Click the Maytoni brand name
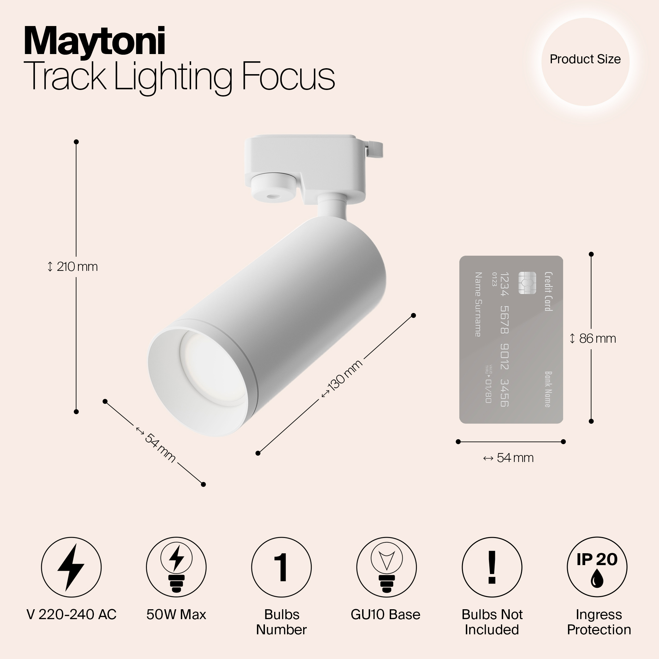(95, 42)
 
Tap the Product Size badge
(585, 59)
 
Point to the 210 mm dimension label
(73, 267)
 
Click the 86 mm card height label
(593, 339)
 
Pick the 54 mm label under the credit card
(508, 458)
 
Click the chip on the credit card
(527, 283)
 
